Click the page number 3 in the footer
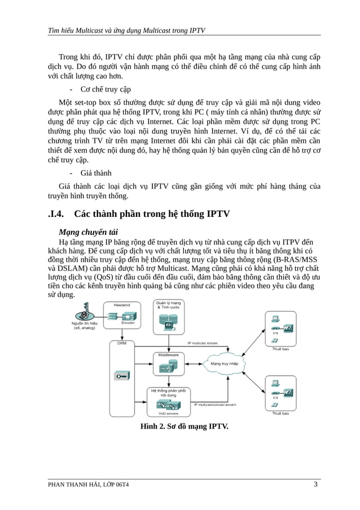coord(315,485)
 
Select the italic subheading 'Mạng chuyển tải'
coord(88,232)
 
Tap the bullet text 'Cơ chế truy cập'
coord(106,89)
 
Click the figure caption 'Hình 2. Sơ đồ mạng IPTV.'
coord(184,426)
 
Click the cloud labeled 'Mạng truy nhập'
coord(224,364)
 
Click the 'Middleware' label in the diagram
coord(168,355)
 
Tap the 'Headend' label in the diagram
coord(121,305)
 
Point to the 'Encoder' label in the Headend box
coord(128,323)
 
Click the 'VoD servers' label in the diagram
coord(168,413)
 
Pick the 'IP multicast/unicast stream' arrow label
coord(215,404)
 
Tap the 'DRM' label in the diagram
coord(121,343)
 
